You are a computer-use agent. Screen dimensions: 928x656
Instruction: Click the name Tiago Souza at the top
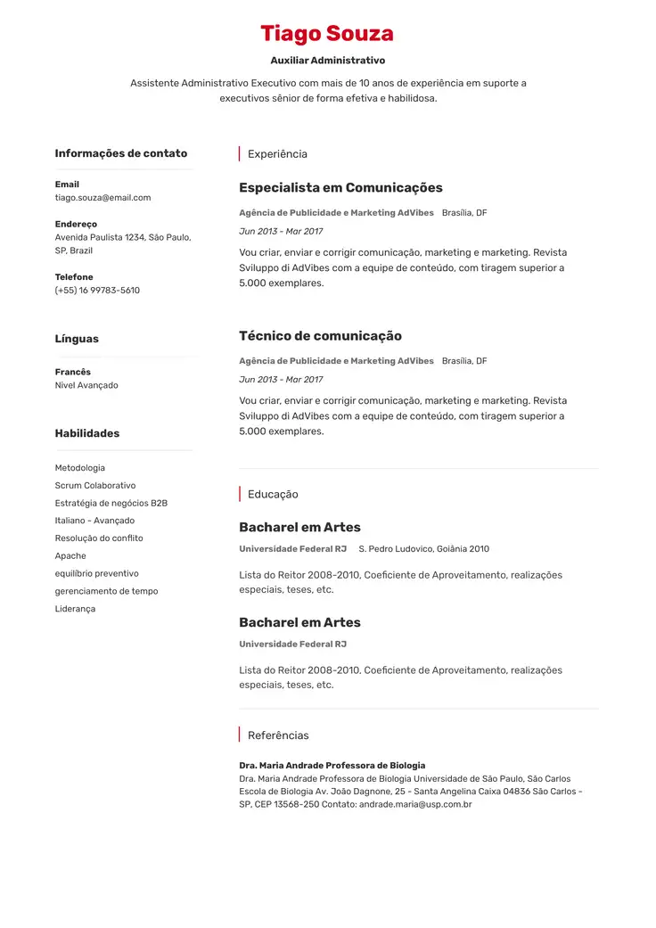(327, 34)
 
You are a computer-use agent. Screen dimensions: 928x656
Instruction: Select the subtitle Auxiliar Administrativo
(327, 61)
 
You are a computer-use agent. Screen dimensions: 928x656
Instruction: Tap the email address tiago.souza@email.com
(102, 198)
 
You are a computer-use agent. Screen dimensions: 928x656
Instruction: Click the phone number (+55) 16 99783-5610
(97, 291)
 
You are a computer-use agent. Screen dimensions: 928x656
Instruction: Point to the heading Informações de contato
(120, 153)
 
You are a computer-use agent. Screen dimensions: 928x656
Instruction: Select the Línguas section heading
(77, 339)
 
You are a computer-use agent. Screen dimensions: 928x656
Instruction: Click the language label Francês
(72, 372)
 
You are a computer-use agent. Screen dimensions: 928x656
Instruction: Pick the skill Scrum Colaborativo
(95, 486)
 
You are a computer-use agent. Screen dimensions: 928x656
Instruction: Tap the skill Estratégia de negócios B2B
(111, 503)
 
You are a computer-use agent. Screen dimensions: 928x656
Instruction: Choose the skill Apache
(70, 556)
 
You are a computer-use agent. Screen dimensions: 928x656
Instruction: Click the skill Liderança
(75, 609)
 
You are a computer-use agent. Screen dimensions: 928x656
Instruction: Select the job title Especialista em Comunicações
(340, 188)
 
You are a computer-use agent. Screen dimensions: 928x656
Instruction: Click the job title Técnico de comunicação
(320, 336)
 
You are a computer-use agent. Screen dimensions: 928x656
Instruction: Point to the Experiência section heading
(277, 154)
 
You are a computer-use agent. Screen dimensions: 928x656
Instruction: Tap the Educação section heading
(273, 495)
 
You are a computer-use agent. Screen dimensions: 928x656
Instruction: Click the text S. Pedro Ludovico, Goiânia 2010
(423, 549)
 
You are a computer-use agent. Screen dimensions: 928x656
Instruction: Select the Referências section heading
(278, 735)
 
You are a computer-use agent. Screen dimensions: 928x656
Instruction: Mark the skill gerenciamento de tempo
(106, 591)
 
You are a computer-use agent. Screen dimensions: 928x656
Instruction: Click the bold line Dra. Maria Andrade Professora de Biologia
(332, 766)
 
